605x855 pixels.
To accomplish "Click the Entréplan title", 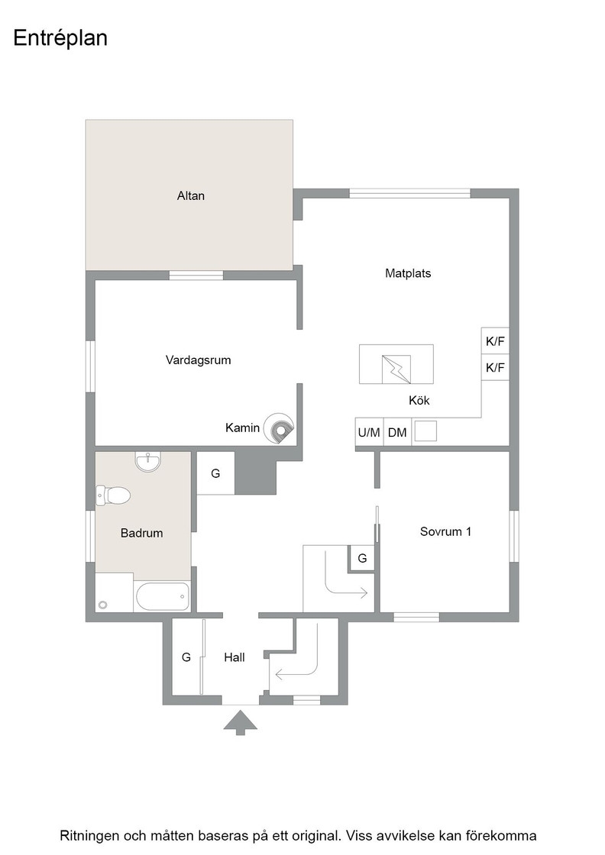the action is (60, 38).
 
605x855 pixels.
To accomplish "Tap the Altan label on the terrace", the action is (190, 195).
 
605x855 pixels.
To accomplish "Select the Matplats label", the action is (408, 273).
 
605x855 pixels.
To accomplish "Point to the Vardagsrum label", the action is (198, 360).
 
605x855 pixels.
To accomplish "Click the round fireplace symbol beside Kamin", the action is (278, 428).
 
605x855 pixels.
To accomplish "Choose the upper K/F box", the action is (495, 340).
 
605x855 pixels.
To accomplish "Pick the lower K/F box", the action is (495, 367).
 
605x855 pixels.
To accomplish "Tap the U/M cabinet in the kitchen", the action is (369, 432).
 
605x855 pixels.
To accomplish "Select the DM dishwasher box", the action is (397, 432).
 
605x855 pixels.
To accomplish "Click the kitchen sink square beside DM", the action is (425, 431).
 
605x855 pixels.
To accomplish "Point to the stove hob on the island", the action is (396, 369).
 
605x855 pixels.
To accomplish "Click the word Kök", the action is (419, 401).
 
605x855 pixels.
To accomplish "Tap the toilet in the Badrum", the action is (113, 495).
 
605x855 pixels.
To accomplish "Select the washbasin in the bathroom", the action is (148, 462).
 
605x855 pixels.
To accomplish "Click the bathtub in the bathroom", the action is (163, 597).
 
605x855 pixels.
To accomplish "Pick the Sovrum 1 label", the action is (445, 531).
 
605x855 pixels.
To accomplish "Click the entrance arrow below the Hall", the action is (240, 722).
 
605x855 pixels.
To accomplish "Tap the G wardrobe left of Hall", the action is (186, 657).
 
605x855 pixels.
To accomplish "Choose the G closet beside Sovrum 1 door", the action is (361, 558).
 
